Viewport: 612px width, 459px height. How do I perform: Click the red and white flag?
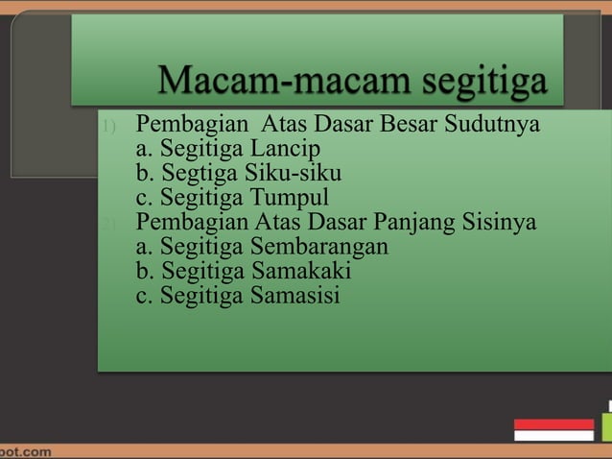point(553,429)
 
